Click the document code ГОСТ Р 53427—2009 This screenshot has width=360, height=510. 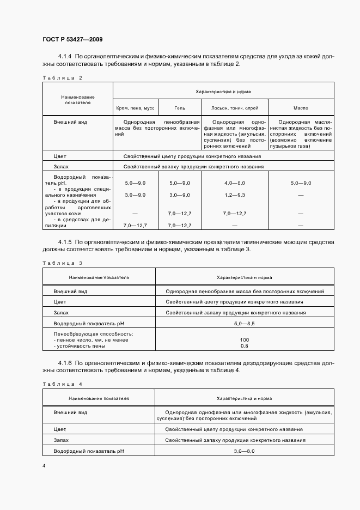point(72,39)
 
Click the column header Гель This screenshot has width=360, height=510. point(179,108)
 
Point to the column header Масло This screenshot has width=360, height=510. point(300,108)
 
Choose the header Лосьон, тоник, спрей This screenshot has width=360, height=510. point(235,108)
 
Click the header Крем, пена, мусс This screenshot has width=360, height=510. point(135,108)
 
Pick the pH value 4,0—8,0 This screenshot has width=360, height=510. point(235,183)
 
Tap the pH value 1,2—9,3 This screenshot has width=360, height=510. point(235,195)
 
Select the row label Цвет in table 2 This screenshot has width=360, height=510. point(60,156)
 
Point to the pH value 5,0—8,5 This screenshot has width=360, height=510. point(244,323)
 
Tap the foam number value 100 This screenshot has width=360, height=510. point(244,340)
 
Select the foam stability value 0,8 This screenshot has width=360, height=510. point(244,346)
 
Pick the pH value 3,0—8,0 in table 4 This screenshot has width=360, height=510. point(244,452)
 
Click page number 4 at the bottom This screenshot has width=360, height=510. point(44,466)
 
